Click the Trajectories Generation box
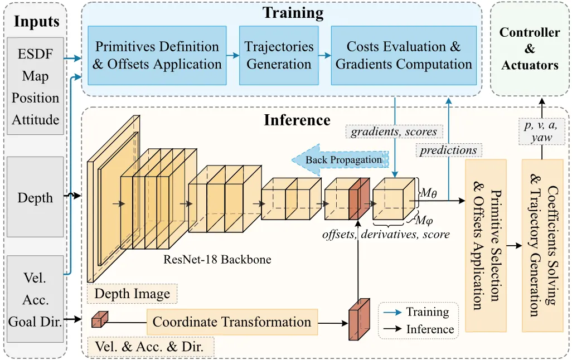pos(279,55)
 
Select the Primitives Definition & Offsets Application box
pos(157,55)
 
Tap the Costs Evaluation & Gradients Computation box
pos(404,55)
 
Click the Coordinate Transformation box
pos(232,322)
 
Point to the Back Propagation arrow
pos(340,160)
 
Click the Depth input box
pos(35,197)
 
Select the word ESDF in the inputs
pos(35,54)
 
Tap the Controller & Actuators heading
pos(530,48)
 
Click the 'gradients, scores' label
pos(394,132)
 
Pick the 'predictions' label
pos(449,150)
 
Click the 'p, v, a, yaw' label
pos(541,131)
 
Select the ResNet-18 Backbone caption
pos(217,259)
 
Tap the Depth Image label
pos(132,294)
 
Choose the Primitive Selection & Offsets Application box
pos(486,245)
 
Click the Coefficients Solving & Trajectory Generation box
pos(543,245)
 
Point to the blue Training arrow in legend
pos(392,313)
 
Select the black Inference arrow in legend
pos(392,329)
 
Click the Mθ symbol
pos(428,193)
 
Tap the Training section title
pos(293,13)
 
